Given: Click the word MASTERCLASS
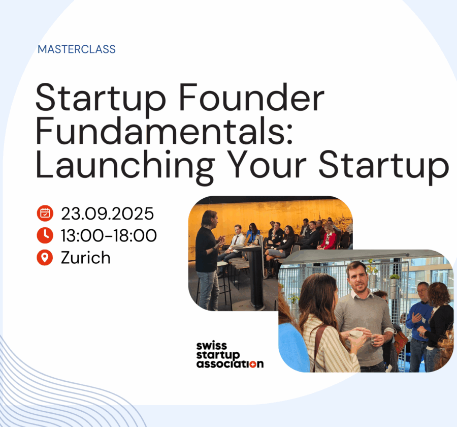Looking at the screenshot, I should (77, 49).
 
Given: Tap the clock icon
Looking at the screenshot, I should (45, 235).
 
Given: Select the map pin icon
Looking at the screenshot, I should (45, 258).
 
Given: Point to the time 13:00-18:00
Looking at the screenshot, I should (109, 235).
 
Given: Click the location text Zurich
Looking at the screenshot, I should (86, 258).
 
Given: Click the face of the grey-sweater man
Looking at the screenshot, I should (357, 278).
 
